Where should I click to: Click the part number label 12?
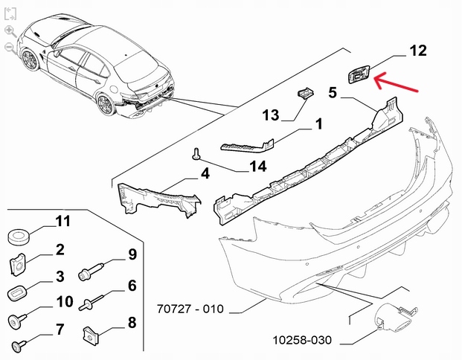tap(418, 51)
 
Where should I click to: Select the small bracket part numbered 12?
tap(359, 74)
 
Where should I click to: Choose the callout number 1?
tap(318, 123)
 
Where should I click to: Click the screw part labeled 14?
tap(196, 153)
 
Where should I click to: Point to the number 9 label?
tap(132, 255)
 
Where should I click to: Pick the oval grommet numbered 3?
tap(17, 292)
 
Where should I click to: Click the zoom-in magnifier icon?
tap(9, 31)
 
